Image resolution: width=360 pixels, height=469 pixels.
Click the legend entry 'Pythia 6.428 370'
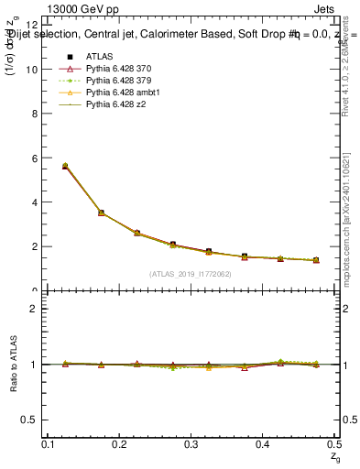[119, 69]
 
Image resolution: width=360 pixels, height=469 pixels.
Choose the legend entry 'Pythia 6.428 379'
[119, 81]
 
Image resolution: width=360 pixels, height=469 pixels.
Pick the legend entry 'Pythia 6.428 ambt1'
[122, 93]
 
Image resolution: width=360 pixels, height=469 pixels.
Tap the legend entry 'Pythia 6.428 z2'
[115, 104]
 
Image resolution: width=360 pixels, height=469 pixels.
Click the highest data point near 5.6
[64, 166]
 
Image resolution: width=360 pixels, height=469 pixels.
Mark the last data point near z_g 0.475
[316, 260]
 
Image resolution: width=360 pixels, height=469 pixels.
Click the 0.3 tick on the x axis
[191, 444]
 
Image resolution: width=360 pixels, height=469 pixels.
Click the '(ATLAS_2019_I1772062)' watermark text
[191, 274]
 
